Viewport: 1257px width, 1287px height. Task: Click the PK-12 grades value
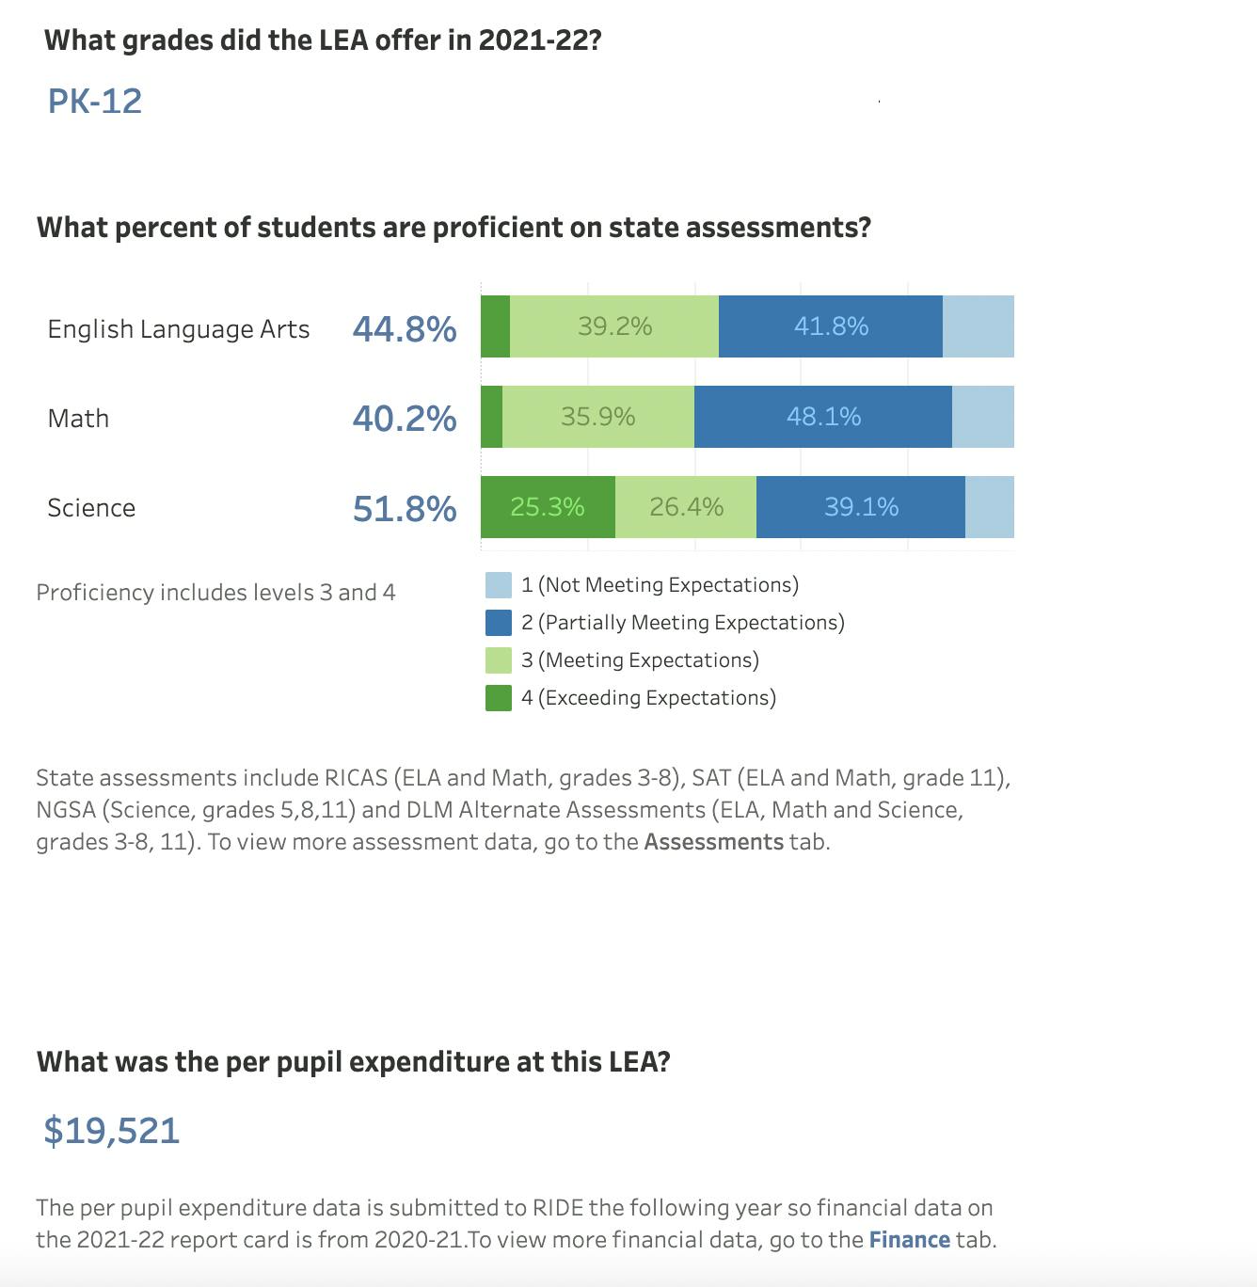pos(95,101)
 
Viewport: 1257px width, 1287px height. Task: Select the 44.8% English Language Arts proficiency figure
pos(405,328)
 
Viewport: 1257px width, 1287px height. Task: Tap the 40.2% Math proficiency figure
pos(405,418)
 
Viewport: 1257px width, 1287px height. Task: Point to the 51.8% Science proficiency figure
pos(405,508)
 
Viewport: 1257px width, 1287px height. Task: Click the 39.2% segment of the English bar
pos(614,326)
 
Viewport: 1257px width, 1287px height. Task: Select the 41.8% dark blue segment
pos(831,326)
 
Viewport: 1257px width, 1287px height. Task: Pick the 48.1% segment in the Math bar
pos(823,417)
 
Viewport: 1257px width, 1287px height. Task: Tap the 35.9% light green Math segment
pos(598,417)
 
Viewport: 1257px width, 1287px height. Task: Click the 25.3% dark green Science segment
pos(548,507)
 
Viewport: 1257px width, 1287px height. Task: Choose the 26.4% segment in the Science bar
pos(686,507)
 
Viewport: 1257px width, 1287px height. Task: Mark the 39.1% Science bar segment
pos(861,507)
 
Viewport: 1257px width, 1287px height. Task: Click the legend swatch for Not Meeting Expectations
pos(499,585)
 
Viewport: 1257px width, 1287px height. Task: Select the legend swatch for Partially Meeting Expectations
pos(499,623)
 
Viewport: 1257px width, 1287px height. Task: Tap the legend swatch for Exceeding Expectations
pos(499,698)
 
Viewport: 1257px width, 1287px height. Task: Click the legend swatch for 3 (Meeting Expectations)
pos(499,660)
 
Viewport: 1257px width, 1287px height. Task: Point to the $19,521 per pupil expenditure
pos(112,1130)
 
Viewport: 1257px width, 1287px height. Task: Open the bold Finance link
pos(909,1239)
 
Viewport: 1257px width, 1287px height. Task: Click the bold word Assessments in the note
pos(713,841)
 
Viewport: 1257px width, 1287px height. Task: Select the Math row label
pos(78,418)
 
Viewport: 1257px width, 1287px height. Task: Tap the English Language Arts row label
pos(179,328)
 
